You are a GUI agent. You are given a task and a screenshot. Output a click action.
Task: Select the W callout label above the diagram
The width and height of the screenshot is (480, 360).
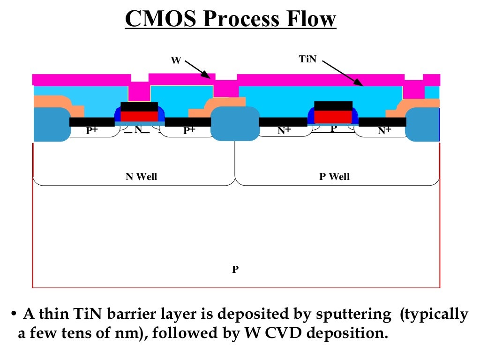176,60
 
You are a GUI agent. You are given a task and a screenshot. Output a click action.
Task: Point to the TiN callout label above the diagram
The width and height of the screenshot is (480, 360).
307,59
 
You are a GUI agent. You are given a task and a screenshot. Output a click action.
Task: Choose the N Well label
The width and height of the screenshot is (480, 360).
141,177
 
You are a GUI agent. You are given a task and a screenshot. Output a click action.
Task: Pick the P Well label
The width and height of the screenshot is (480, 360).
334,177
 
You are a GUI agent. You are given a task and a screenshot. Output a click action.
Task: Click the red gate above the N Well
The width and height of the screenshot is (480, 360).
139,116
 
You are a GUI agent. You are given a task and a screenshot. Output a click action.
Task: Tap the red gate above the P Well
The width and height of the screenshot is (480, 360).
333,117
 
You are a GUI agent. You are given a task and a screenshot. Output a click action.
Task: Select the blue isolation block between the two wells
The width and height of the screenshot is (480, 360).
235,124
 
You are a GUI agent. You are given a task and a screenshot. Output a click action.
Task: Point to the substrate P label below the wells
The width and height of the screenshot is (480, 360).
235,270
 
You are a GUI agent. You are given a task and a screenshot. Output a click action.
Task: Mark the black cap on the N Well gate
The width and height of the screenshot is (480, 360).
139,106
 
